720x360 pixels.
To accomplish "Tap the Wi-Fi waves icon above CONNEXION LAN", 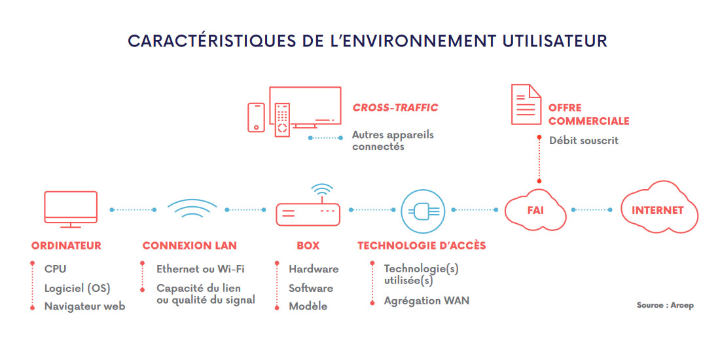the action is [x=192, y=203].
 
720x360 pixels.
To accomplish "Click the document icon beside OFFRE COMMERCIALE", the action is [x=526, y=104].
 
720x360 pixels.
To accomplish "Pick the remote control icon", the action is [x=282, y=120].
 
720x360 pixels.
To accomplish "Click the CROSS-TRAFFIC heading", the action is [x=395, y=108].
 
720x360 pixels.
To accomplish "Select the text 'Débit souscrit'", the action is [x=584, y=141].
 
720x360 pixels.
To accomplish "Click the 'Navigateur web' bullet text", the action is [x=84, y=307].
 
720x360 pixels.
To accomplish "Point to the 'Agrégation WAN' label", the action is [x=427, y=301].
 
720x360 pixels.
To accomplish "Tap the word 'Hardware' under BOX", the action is [x=314, y=269].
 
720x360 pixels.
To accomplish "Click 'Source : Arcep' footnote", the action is [x=665, y=305].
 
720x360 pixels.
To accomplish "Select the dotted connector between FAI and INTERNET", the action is [x=592, y=210].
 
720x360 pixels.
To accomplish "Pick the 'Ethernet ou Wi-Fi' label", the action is [x=200, y=269].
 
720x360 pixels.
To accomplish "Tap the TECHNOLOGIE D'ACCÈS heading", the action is [x=422, y=245].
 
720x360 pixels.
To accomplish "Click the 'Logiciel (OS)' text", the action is [x=77, y=289].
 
